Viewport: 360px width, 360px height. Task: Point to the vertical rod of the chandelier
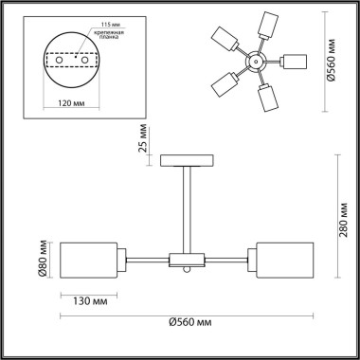pos(185,208)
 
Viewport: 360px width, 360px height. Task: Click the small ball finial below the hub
pos(186,272)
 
